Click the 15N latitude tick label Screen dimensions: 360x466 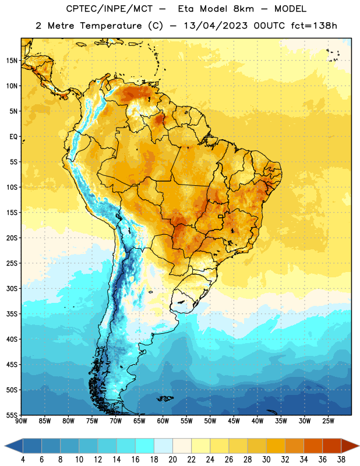click(x=12, y=61)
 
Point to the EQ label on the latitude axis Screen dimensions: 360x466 click(x=13, y=137)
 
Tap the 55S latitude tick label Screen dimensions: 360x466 click(x=12, y=415)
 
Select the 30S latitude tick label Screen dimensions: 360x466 click(x=12, y=288)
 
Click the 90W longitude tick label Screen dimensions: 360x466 click(x=21, y=421)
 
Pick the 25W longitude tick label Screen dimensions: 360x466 click(x=328, y=421)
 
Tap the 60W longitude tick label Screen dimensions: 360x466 click(x=163, y=421)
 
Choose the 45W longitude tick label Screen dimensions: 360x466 click(x=234, y=421)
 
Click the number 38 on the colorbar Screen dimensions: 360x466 click(x=341, y=460)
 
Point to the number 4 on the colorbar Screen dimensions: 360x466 click(x=23, y=460)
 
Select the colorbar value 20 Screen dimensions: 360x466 click(x=172, y=460)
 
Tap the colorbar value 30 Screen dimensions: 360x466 click(x=266, y=460)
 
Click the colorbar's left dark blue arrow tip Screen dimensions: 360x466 click(x=5, y=446)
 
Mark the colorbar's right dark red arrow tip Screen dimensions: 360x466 click(x=359, y=446)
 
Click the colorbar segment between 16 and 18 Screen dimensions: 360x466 click(x=145, y=446)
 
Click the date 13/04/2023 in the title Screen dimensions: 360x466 click(x=216, y=26)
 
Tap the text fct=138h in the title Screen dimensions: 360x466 click(x=314, y=26)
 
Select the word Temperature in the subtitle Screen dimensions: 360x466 click(x=111, y=26)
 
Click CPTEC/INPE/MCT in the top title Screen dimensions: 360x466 click(x=110, y=9)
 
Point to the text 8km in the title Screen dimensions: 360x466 click(x=243, y=9)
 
